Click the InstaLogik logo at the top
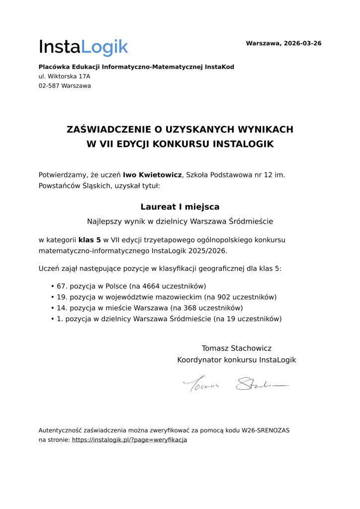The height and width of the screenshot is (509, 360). [x=83, y=47]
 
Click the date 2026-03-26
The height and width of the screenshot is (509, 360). [x=302, y=43]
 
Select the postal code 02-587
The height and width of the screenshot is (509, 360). [x=49, y=85]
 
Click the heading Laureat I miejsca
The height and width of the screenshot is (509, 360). [x=180, y=207]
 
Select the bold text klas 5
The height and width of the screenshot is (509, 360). [x=90, y=240]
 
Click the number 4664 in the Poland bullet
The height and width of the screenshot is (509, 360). [x=150, y=286]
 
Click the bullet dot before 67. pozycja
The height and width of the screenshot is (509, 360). [x=52, y=287]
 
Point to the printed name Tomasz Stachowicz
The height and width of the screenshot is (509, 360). [x=236, y=348]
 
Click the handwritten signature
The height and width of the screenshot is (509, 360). [x=236, y=385]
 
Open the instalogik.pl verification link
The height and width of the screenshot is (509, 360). [x=129, y=440]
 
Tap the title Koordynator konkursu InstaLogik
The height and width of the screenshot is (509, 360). [x=236, y=359]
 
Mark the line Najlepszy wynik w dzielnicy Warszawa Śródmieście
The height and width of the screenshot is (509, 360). [x=180, y=221]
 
